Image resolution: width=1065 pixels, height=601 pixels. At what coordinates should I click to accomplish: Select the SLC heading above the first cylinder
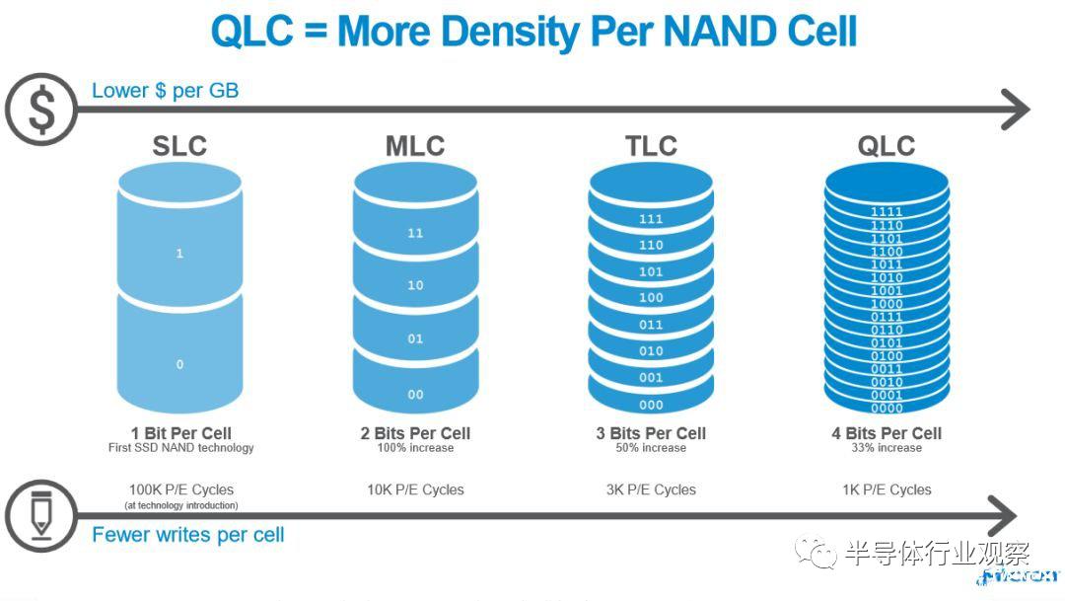coord(179,146)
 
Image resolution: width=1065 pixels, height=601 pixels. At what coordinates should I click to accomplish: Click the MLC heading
coord(414,146)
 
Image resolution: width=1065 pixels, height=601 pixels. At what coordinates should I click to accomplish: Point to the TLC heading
coord(651,146)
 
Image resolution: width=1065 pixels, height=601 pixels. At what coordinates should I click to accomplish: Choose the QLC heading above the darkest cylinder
coord(887,146)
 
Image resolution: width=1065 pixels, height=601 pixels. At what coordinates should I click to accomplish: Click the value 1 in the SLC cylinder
coord(179,254)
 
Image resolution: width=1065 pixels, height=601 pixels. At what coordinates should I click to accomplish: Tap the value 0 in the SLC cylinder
coord(179,364)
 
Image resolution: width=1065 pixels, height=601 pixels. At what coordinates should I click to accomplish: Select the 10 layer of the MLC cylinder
coord(415,285)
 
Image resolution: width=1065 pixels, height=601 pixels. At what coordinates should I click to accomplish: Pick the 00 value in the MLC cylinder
coord(415,395)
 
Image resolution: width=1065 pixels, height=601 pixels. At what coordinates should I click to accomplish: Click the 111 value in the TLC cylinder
coord(651,218)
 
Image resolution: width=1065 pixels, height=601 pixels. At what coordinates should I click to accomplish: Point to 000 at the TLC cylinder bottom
coord(651,405)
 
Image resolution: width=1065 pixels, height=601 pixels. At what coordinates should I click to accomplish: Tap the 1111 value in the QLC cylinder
coord(887,212)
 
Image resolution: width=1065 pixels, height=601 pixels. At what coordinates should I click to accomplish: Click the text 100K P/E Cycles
coord(181,489)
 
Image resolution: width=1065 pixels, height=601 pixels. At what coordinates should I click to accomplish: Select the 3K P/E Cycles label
coord(651,489)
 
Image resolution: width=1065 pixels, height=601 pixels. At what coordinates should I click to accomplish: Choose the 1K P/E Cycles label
coord(887,489)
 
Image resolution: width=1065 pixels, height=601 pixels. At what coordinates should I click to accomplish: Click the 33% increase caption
coord(887,448)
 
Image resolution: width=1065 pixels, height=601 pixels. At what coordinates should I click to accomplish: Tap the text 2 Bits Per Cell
coord(415,433)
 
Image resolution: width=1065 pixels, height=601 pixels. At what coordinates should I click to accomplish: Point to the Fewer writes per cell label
coord(187,535)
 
